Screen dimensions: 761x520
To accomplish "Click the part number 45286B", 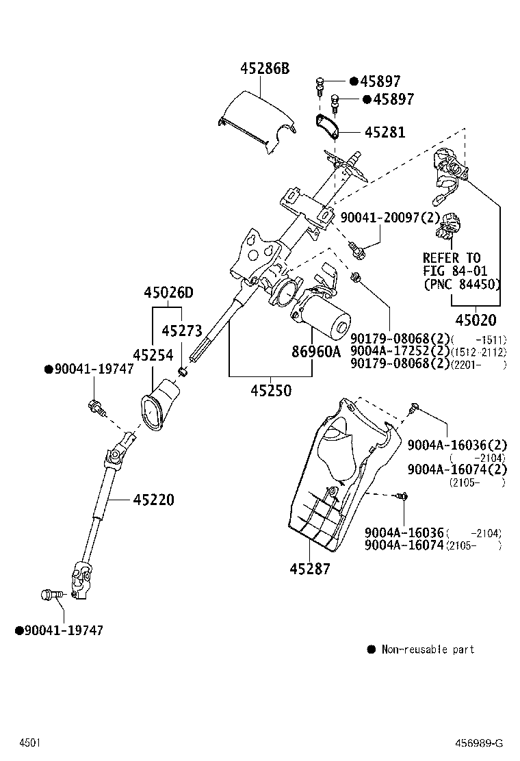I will click(265, 68).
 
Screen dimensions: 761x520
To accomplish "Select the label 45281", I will click(385, 132).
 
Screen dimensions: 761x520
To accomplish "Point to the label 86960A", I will click(315, 352).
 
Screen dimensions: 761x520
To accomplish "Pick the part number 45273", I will click(182, 331).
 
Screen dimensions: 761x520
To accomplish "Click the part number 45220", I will click(154, 500).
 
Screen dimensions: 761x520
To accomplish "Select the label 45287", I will click(310, 568).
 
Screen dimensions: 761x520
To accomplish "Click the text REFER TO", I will click(452, 258).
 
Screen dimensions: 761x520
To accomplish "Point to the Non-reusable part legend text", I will click(428, 649).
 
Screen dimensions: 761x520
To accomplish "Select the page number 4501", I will click(29, 743).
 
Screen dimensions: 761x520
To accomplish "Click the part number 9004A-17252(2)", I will click(400, 351).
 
